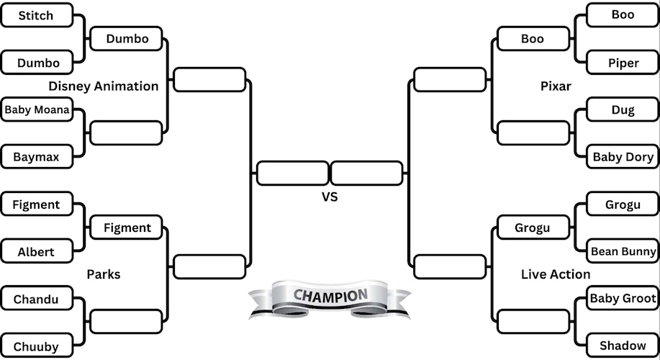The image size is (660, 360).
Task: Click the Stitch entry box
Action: pos(36,15)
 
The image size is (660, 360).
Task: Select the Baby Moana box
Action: pos(37,110)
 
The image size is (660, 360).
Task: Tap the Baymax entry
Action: pos(36,156)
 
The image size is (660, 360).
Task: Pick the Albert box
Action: pos(36,252)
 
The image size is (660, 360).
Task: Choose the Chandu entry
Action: pos(36,299)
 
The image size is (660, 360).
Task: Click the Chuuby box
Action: pos(36,346)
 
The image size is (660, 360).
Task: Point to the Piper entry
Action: pos(623,63)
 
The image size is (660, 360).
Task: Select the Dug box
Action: pos(623,110)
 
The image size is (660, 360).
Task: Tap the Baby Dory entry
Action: pos(623,156)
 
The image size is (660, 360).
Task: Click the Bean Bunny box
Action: pos(623,251)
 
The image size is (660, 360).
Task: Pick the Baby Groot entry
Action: pos(623,298)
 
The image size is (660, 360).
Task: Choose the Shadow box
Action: pos(623,346)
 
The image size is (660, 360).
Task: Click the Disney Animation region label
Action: pos(104,86)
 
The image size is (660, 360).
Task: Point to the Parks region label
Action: pos(103,274)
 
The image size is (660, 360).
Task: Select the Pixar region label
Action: pos(556,86)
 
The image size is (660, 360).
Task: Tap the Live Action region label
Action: pos(556,274)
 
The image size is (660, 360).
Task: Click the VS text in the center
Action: pos(330,196)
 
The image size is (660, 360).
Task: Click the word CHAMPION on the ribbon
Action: pos(330,296)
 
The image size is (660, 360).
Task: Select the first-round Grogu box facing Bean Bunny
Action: pos(623,204)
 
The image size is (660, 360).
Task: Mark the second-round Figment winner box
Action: pos(127,228)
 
